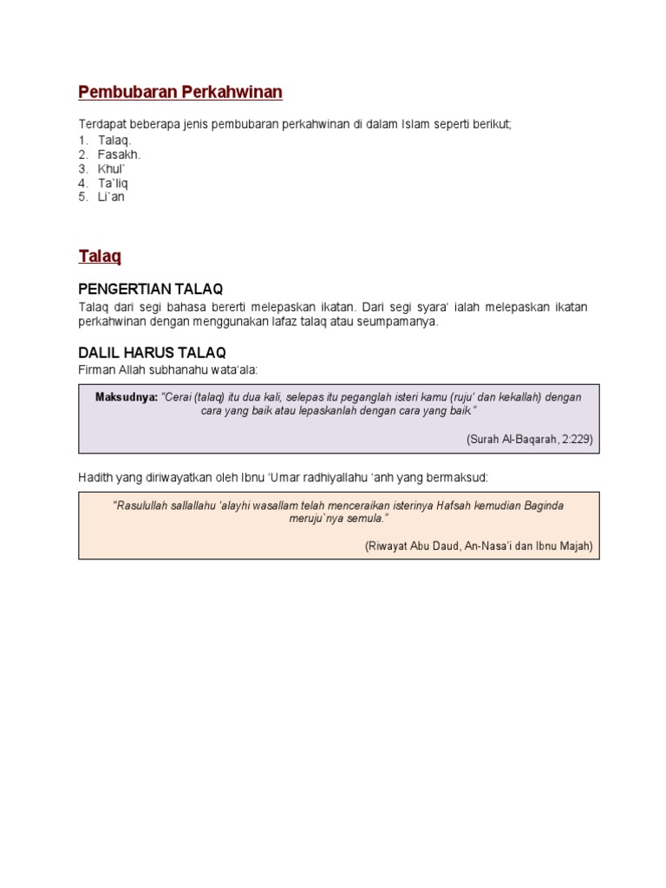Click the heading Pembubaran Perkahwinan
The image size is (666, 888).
click(180, 92)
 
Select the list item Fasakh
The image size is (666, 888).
click(119, 154)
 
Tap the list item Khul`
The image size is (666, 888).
click(114, 169)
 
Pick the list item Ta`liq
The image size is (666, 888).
click(114, 183)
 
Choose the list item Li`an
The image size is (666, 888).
click(112, 197)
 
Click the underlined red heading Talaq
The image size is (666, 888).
click(100, 257)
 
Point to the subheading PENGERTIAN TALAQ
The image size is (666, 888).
click(156, 289)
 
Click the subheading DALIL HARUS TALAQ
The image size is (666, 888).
click(152, 352)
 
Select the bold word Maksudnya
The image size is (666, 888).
click(126, 397)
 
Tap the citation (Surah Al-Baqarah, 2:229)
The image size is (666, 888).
click(529, 439)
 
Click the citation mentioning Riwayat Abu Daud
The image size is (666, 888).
click(479, 545)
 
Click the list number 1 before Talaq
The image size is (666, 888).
click(82, 140)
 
